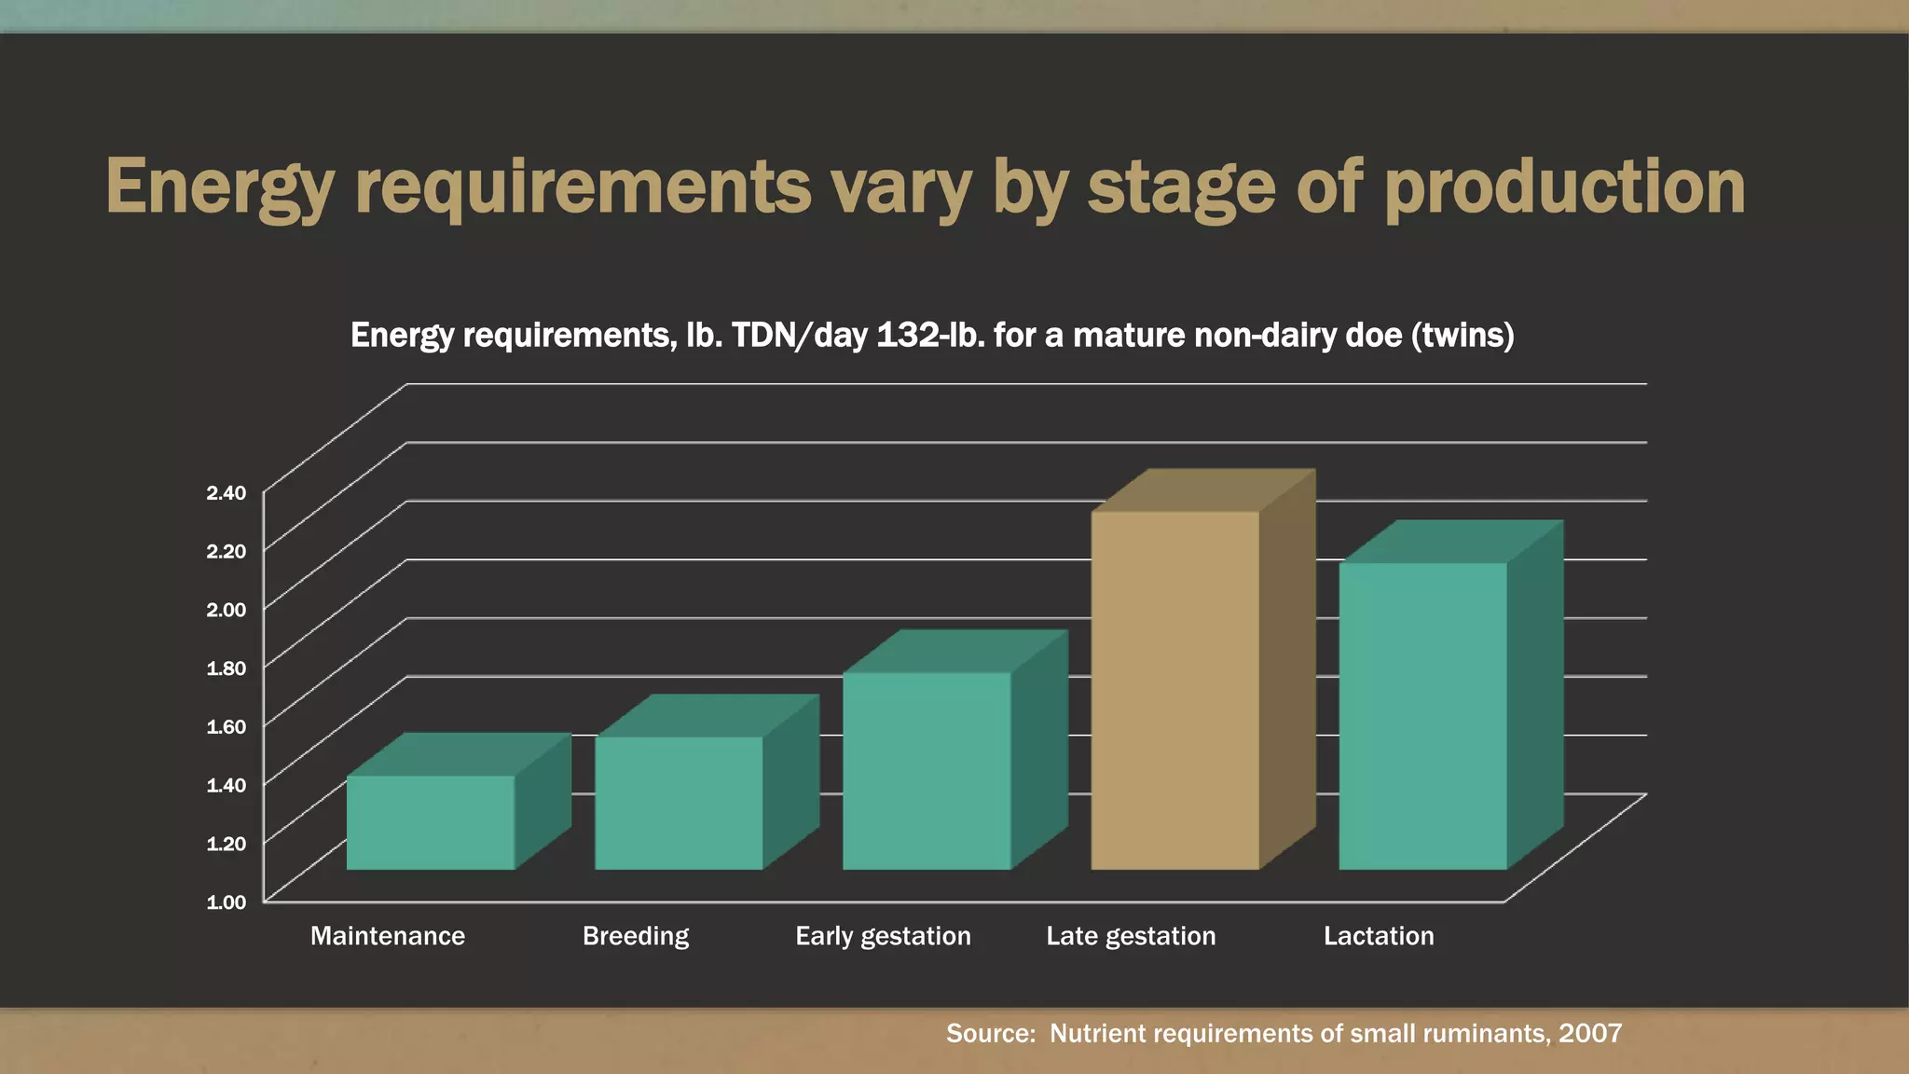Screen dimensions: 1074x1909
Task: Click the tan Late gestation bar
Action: coord(1174,690)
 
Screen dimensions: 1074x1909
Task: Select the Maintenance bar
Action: coord(430,822)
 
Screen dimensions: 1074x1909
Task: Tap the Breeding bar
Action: coord(678,803)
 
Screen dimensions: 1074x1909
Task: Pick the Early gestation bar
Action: coord(927,771)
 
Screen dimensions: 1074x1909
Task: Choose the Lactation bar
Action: coord(1422,716)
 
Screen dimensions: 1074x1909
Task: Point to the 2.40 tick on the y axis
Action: coord(227,492)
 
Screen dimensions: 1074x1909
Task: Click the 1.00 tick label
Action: coord(227,902)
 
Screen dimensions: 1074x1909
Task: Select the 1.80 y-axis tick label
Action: coord(227,668)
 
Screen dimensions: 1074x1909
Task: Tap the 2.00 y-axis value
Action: coord(227,610)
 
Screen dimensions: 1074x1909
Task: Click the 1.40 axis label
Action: coord(227,785)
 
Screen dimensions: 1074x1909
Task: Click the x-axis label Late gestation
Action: coord(1131,936)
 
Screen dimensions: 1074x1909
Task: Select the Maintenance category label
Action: coord(388,936)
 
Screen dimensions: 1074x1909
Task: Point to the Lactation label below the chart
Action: coord(1379,936)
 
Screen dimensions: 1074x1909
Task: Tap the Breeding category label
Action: coord(636,936)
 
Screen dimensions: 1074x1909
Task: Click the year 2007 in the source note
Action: coord(1590,1033)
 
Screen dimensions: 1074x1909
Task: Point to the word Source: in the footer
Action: coord(991,1033)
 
